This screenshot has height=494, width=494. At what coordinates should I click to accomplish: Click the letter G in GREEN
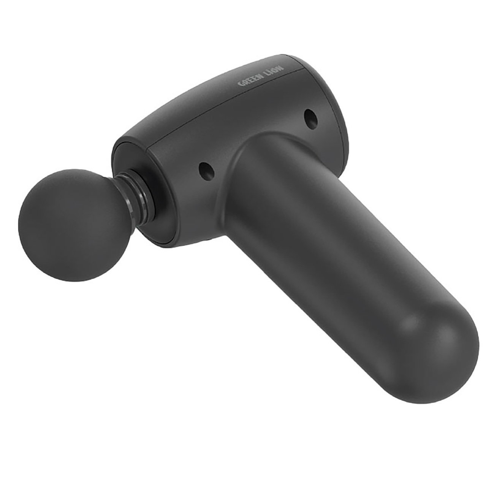241,83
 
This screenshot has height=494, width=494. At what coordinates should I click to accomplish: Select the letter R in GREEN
245,81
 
